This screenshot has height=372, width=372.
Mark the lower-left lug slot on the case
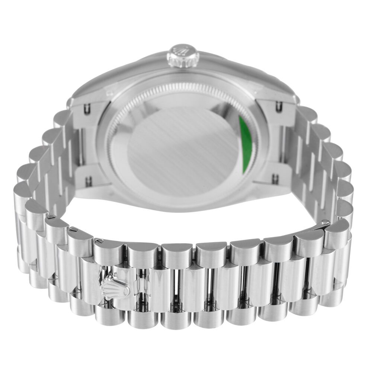[x=89, y=181]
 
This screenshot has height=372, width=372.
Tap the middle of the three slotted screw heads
[x=73, y=229]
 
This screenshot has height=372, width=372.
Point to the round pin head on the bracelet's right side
[x=326, y=222]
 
